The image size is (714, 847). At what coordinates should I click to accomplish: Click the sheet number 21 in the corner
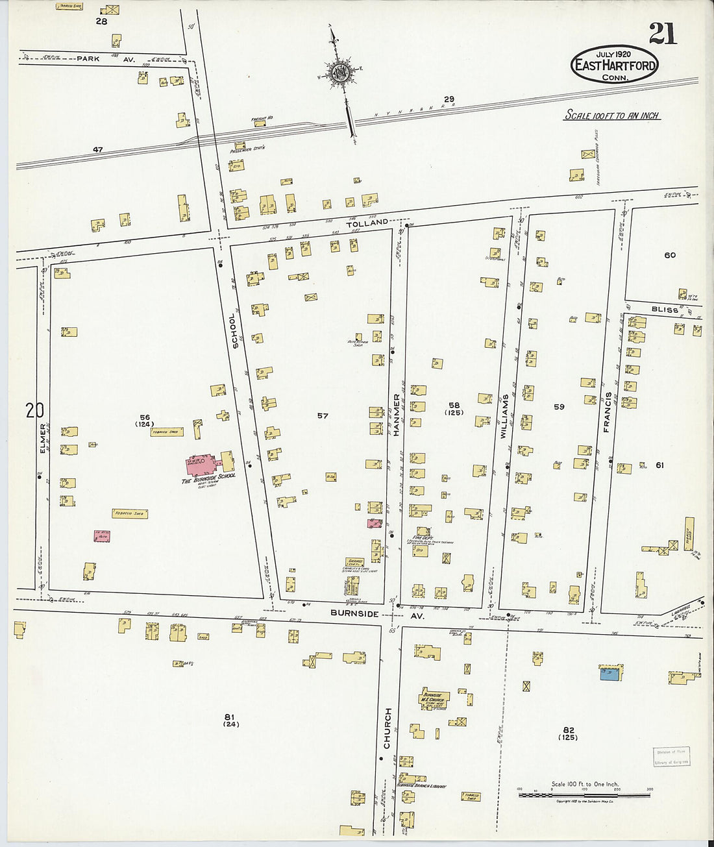(662, 32)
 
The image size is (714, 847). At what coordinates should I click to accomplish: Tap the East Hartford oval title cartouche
(614, 65)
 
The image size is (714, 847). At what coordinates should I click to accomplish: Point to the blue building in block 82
(609, 675)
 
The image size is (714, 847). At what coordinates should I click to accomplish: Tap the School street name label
(235, 330)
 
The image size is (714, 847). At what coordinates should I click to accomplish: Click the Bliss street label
(664, 310)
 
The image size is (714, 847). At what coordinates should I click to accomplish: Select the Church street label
(388, 728)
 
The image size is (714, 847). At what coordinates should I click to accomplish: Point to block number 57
(323, 416)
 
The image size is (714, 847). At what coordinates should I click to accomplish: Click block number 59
(559, 407)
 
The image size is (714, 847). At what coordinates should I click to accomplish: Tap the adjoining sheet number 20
(34, 410)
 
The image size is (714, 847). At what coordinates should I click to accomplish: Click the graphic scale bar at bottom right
(584, 794)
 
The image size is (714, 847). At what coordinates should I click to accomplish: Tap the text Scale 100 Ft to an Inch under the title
(611, 116)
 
